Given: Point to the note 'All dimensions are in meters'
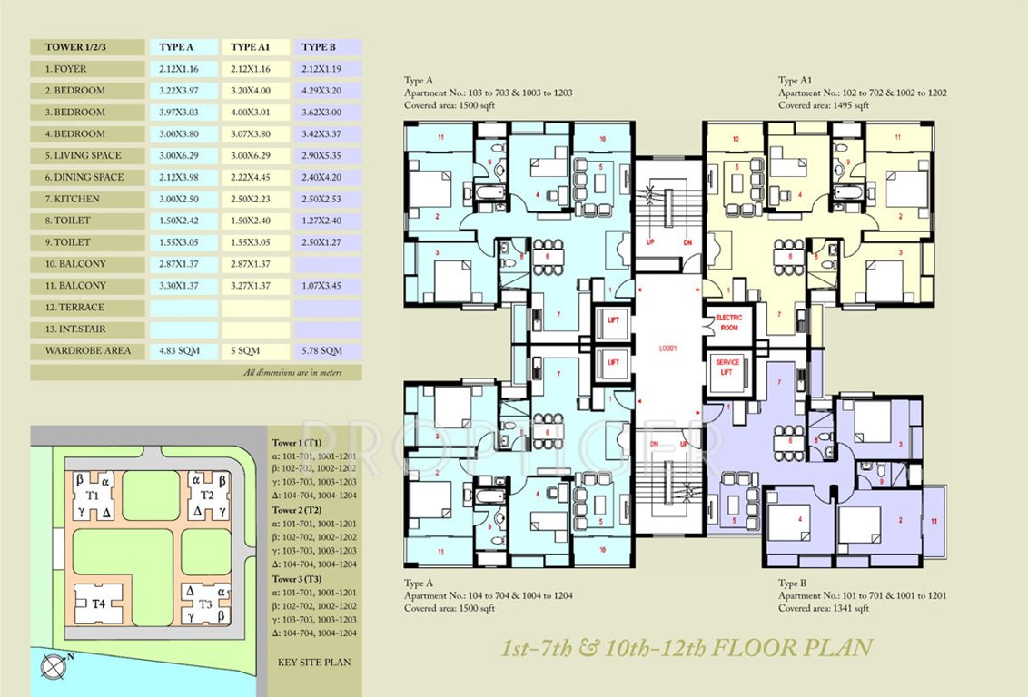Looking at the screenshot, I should pos(292,373).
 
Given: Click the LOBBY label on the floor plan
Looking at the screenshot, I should pos(668,348).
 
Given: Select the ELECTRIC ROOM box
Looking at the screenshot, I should pos(729,322).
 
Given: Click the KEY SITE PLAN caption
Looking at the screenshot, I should pos(313,663).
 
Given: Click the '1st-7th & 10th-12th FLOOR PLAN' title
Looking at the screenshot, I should pos(687,647).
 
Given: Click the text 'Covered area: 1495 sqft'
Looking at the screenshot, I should pos(823,105).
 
